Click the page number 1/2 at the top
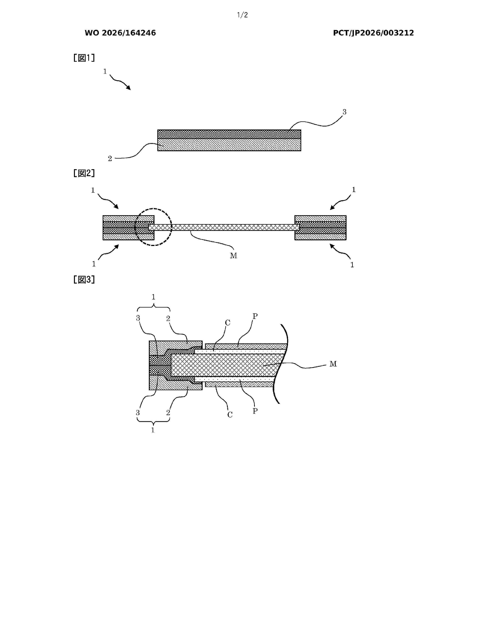(x=243, y=15)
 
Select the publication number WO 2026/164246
(x=120, y=33)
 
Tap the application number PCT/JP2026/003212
(x=373, y=33)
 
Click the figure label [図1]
(x=84, y=58)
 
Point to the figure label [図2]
(x=84, y=173)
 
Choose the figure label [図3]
(x=84, y=280)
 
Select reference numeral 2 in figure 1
(x=110, y=159)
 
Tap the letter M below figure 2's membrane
(x=233, y=256)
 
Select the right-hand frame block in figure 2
(x=320, y=228)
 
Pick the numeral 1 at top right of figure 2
(x=354, y=190)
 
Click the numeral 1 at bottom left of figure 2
(x=94, y=264)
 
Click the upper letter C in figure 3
(x=227, y=323)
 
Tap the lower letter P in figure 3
(x=255, y=411)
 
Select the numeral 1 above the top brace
(x=154, y=297)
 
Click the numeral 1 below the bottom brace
(x=153, y=430)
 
